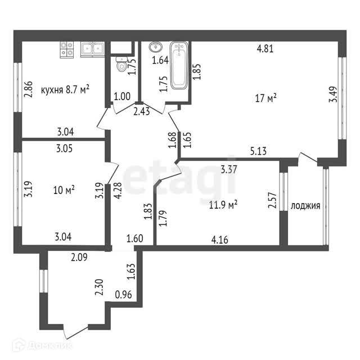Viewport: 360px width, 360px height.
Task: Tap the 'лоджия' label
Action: click(305, 206)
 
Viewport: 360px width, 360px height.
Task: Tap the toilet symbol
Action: click(120, 65)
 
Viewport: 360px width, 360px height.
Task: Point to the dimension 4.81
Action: click(265, 48)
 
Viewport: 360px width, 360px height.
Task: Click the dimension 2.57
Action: click(272, 201)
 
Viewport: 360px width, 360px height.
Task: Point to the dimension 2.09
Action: click(80, 258)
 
